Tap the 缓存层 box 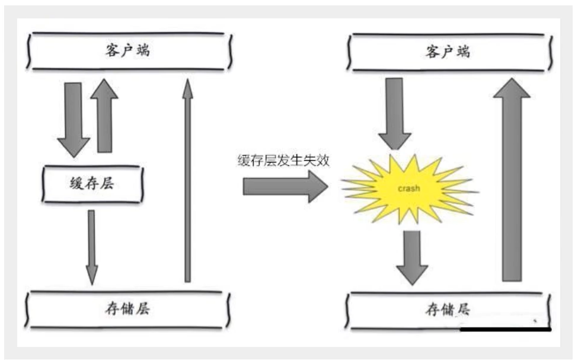click(92, 183)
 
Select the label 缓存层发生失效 click(283, 160)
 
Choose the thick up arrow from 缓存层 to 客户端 click(105, 116)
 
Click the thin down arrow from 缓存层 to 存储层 click(91, 246)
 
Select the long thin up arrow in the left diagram click(187, 181)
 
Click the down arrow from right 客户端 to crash click(394, 113)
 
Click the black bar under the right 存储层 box click(506, 329)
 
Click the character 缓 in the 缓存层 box click(76, 183)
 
